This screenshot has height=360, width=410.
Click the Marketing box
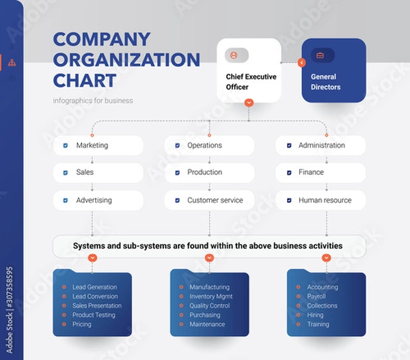(x=98, y=146)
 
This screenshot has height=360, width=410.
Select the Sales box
(x=98, y=173)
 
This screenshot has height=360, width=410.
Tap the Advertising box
(x=98, y=200)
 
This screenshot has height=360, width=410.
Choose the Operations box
(x=209, y=146)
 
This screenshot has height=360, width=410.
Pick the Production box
(x=209, y=173)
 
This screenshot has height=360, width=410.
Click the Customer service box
(x=209, y=200)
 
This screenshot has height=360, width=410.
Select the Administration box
(x=320, y=146)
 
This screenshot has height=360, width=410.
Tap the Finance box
(x=320, y=173)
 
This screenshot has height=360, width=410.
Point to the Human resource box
(x=320, y=200)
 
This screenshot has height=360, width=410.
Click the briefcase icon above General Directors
(x=320, y=55)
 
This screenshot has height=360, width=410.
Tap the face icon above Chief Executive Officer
(x=235, y=55)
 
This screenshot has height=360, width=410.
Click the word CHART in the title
(x=85, y=80)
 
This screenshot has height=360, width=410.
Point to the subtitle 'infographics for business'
(x=93, y=100)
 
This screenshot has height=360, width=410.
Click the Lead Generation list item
(x=94, y=287)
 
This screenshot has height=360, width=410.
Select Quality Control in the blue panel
(x=209, y=305)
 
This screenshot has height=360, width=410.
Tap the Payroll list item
(x=316, y=296)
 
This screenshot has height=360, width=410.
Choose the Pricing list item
(x=82, y=324)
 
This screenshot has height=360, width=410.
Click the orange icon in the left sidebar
(x=12, y=62)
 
